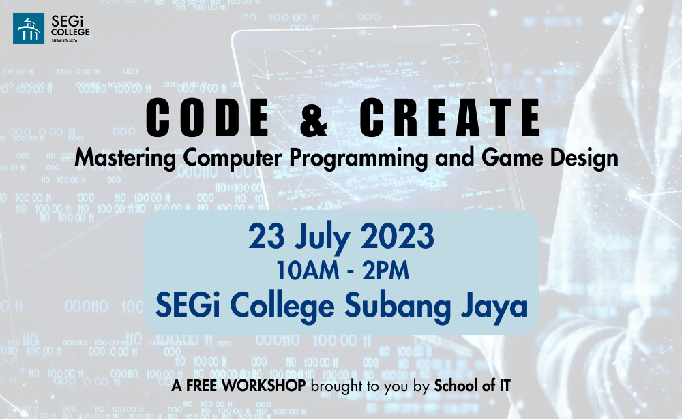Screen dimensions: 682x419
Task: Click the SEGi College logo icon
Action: click(x=29, y=29)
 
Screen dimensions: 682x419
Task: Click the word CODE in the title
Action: click(x=208, y=117)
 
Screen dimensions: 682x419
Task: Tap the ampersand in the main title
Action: click(x=314, y=117)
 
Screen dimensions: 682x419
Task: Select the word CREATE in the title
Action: click(x=449, y=117)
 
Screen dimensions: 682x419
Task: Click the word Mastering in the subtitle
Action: click(x=125, y=158)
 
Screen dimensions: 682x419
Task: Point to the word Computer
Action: click(x=233, y=158)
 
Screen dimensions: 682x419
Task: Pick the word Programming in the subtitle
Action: click(x=359, y=158)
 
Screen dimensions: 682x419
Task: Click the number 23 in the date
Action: click(x=267, y=236)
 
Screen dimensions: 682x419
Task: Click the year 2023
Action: click(x=397, y=236)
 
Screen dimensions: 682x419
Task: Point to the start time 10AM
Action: click(x=308, y=270)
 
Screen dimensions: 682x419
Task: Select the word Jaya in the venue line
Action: click(x=494, y=307)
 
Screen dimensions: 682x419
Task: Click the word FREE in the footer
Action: click(x=203, y=386)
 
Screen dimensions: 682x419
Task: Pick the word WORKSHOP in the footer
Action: click(x=264, y=386)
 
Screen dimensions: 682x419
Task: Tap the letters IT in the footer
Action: click(x=505, y=386)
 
